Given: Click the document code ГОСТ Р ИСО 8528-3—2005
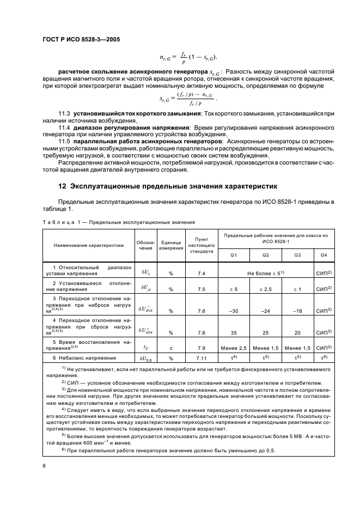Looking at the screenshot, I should tap(80, 40).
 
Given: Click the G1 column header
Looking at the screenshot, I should tap(234, 255).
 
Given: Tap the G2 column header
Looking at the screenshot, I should tap(266, 255).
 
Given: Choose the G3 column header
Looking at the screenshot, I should tap(297, 255).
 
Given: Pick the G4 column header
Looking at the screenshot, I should tap(324, 255).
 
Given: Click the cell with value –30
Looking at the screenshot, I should tap(234, 311).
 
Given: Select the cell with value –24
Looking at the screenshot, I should tap(266, 311).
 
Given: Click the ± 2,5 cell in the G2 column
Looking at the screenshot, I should tap(266, 289).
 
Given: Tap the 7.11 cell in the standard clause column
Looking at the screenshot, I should tap(201, 358).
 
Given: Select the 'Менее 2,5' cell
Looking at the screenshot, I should tap(234, 348).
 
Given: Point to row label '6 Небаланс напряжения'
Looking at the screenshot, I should tap(87, 358).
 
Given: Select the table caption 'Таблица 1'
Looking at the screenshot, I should tap(60, 222).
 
